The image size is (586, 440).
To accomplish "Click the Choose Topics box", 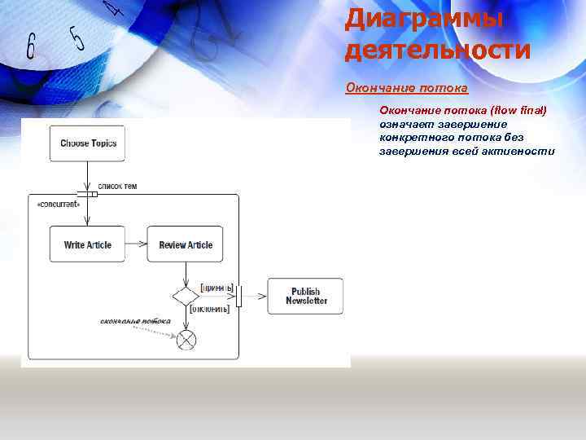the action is [x=88, y=143].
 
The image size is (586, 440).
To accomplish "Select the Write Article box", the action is [x=87, y=244].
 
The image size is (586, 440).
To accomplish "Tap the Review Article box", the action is [x=185, y=244].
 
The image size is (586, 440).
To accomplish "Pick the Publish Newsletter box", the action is [x=306, y=296].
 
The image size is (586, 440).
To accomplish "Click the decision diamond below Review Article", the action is [x=186, y=296].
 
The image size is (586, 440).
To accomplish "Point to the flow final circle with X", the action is [x=186, y=338].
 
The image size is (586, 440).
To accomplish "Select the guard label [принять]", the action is [x=216, y=288].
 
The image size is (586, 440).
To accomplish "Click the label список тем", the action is [x=117, y=187].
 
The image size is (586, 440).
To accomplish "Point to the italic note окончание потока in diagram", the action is [x=135, y=321].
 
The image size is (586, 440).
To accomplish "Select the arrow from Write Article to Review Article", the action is [x=136, y=244].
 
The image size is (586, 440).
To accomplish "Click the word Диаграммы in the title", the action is [x=424, y=18].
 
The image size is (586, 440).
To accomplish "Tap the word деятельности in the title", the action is [x=438, y=50].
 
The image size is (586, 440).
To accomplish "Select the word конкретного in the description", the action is [x=414, y=138].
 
